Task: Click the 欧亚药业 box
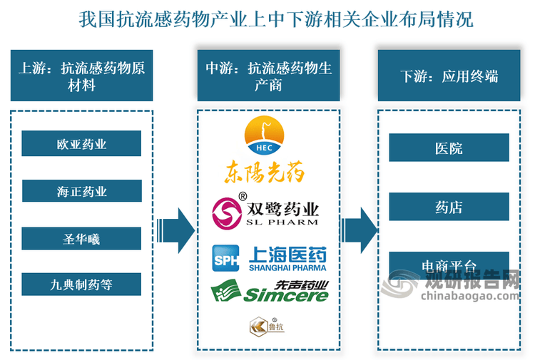pos(81,144)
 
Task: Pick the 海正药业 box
pos(81,192)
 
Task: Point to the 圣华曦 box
pos(81,239)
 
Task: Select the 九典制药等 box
pos(81,285)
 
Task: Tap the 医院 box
pos(449,148)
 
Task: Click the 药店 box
pos(449,207)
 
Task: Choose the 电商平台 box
pos(449,264)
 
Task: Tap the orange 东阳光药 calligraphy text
pos(265,172)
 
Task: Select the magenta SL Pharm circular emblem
pos(228,212)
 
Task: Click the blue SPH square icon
pos(226,259)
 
